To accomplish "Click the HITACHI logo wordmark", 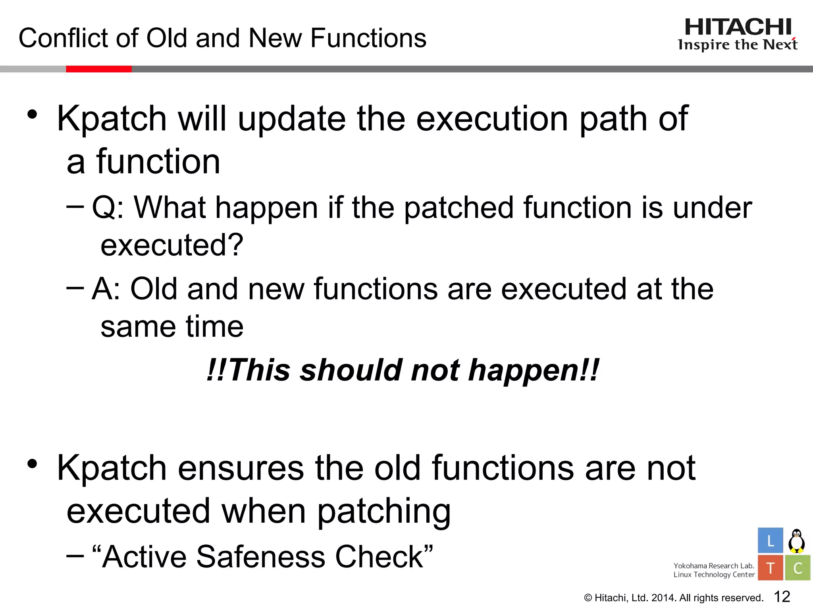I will (738, 27).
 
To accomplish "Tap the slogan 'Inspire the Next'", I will (738, 45).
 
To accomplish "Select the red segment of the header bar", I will (98, 69).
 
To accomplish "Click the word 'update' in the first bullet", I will (291, 119).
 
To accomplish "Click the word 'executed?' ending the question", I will (171, 245).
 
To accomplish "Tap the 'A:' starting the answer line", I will (106, 289).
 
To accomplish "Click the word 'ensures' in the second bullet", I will (241, 468).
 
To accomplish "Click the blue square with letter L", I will (770, 541).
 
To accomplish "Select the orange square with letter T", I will (770, 568).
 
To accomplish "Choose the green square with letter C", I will (797, 568).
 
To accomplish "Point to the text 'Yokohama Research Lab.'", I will (713, 566).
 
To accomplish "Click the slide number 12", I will (782, 596).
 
